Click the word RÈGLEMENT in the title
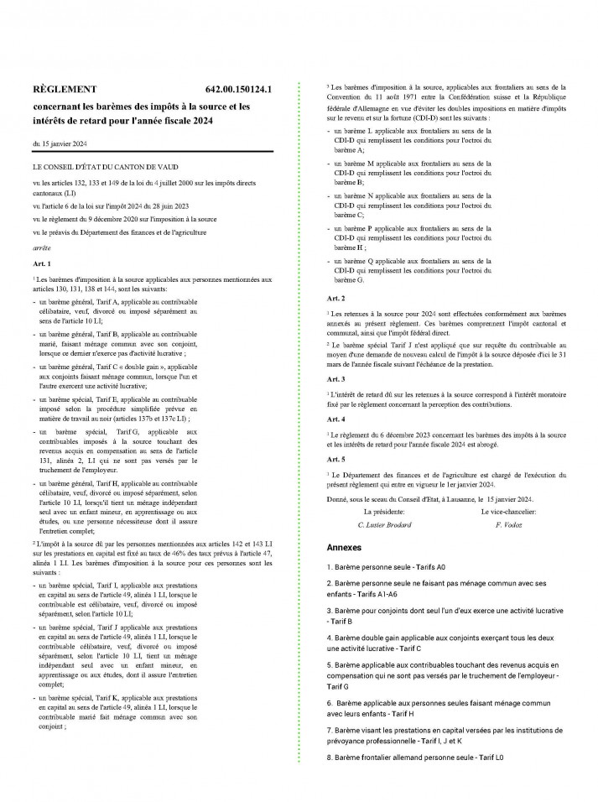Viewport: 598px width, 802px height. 64,88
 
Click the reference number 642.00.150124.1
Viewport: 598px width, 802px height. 244,88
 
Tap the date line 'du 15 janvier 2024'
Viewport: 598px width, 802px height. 60,144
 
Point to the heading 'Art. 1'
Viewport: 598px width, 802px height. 42,263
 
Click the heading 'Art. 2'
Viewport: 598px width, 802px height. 334,298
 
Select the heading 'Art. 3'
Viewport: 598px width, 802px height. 334,378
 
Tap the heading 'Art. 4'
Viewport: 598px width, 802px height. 334,418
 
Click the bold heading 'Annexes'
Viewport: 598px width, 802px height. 344,547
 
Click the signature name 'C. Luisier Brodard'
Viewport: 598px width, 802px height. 384,523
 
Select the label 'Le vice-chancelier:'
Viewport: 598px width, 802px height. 512,511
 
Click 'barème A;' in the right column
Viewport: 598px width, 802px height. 349,148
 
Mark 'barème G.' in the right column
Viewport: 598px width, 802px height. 349,279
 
